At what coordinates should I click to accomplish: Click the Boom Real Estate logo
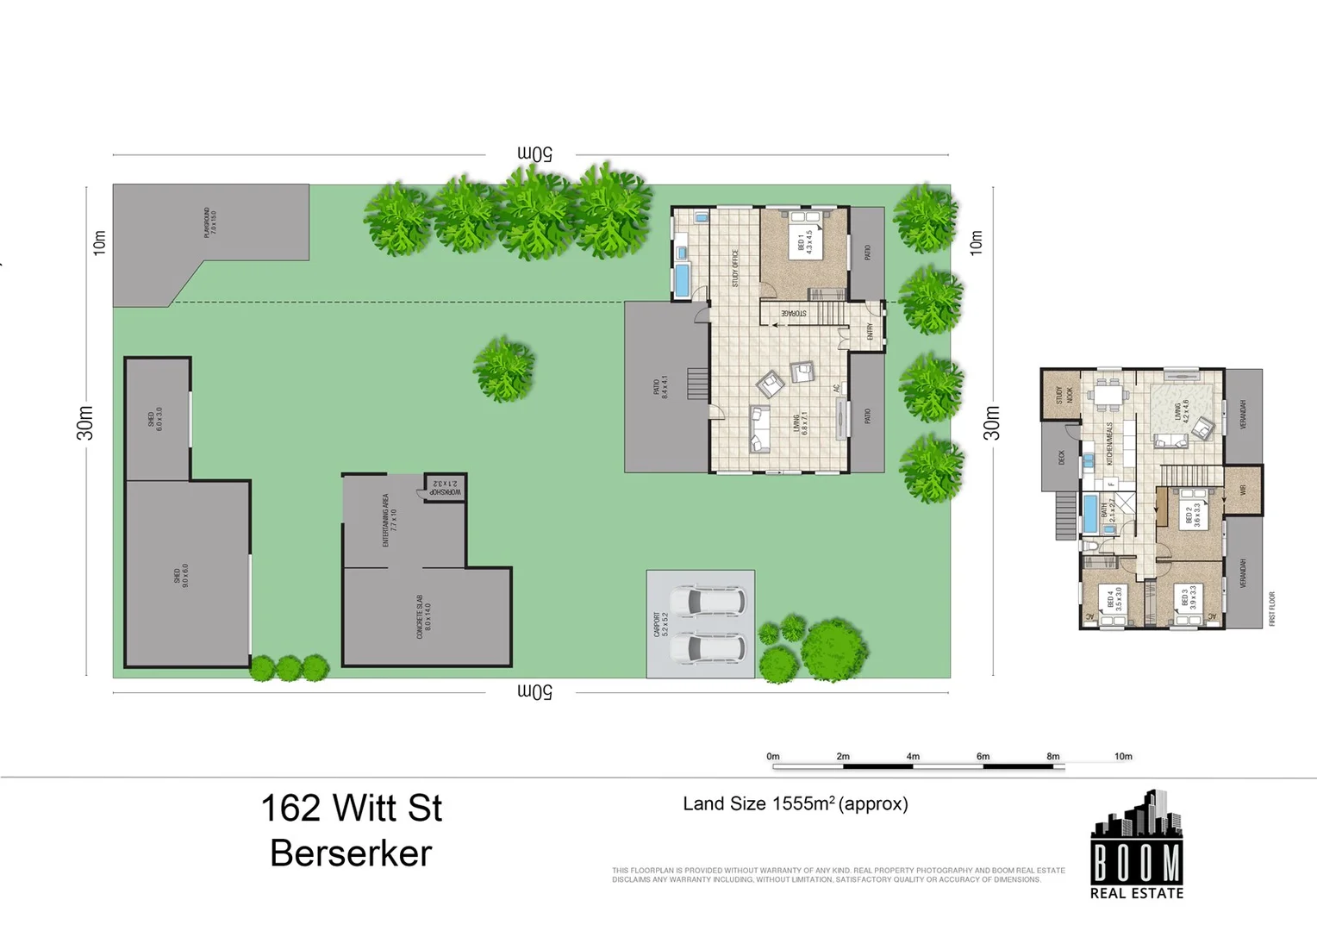[1136, 846]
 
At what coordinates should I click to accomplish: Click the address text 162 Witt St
[351, 809]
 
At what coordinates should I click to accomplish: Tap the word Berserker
[351, 853]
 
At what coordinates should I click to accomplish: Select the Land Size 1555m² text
[795, 804]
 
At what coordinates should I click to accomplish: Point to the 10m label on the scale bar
[1122, 756]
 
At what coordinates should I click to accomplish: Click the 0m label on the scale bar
[772, 756]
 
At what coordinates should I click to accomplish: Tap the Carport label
[660, 624]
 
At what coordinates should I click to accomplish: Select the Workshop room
[446, 488]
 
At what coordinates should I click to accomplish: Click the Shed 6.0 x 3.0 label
[155, 419]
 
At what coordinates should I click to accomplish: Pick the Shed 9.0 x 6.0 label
[181, 576]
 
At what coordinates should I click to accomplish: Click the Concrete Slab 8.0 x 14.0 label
[423, 616]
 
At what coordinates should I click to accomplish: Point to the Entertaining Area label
[389, 520]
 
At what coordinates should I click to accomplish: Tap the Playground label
[209, 222]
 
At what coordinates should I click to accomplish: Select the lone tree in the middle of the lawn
[504, 369]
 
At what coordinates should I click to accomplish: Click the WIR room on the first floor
[1243, 490]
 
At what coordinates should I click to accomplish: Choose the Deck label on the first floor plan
[1061, 457]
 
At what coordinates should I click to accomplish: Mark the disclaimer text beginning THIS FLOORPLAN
[838, 875]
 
